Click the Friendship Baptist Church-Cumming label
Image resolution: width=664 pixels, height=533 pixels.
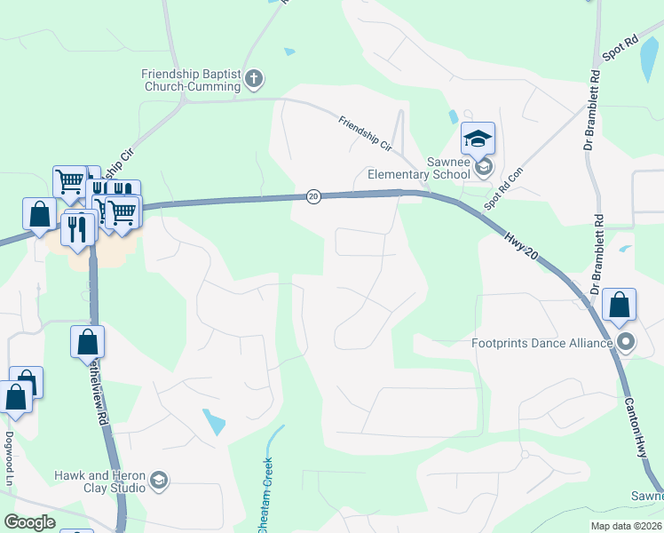point(191,80)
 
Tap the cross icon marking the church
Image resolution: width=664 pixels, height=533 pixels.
point(253,80)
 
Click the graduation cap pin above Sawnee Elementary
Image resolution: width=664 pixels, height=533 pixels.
point(478,139)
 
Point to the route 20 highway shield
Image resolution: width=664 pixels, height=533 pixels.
point(313,196)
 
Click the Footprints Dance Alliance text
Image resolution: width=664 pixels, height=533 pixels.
point(542,342)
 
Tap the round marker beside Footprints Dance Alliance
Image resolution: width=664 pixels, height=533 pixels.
point(627,342)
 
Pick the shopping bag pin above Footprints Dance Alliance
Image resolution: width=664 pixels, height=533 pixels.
point(620,305)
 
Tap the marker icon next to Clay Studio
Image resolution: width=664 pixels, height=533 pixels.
point(159,481)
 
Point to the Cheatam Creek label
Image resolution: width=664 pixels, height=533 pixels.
point(265,496)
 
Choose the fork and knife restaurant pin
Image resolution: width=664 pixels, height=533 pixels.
point(77,229)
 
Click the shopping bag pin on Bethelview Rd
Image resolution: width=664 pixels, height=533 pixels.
point(87,342)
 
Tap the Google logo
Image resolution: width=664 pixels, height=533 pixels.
point(29,522)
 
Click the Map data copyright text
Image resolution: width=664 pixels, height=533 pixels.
point(626,526)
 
